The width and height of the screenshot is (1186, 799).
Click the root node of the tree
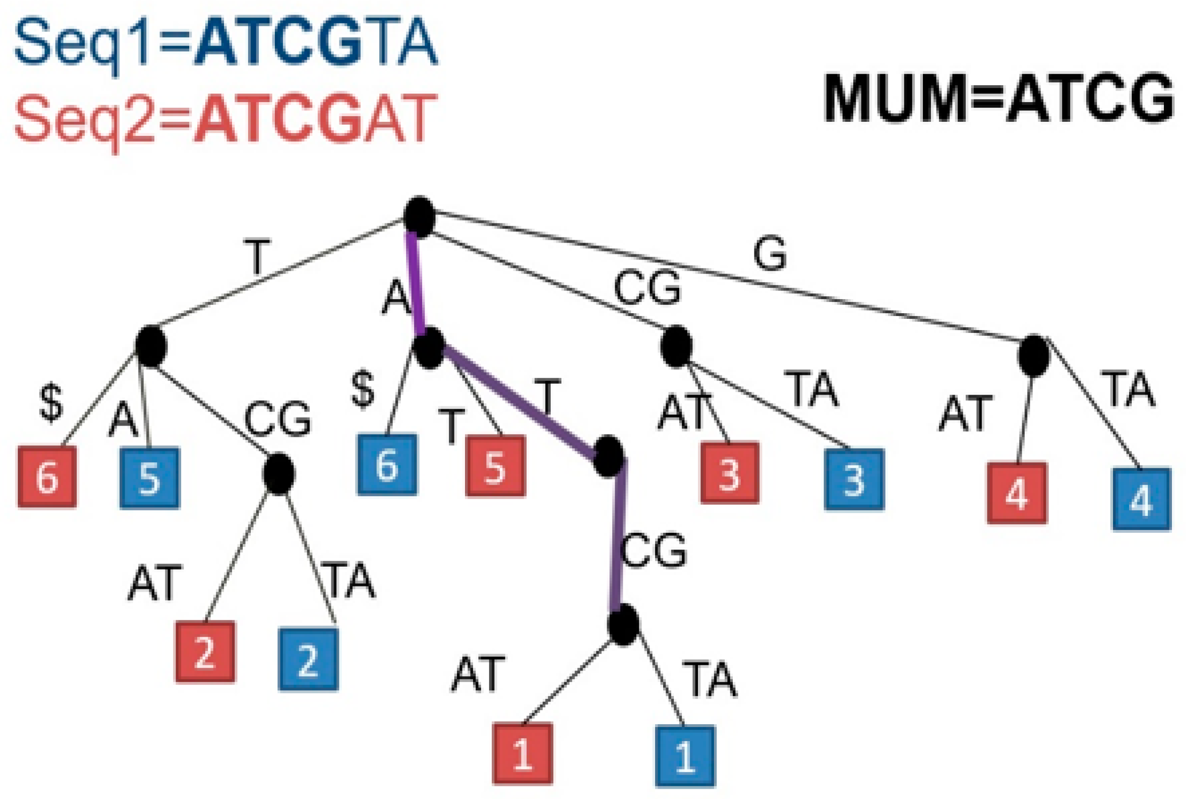[x=419, y=217]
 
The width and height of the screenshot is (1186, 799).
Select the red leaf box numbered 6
[x=48, y=477]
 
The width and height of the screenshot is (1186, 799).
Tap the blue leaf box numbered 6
[x=387, y=464]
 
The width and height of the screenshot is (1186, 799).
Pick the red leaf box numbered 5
[x=495, y=466]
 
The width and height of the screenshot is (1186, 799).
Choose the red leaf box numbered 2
[x=205, y=651]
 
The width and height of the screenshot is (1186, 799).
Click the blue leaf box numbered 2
[x=308, y=659]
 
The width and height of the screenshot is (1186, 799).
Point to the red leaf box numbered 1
[x=522, y=753]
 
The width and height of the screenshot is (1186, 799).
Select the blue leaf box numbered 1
[x=685, y=756]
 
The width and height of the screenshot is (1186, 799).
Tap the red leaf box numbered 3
[x=729, y=473]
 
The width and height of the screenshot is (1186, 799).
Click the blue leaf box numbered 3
[x=854, y=479]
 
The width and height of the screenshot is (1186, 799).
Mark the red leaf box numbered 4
[x=1017, y=493]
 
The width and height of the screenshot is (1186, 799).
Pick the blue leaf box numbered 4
[x=1142, y=499]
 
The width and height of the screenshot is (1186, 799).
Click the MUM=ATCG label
[x=998, y=98]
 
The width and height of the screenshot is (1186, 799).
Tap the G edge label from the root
[x=770, y=253]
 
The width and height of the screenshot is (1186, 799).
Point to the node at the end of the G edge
[x=1034, y=356]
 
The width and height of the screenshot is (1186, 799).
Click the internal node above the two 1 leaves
[x=623, y=624]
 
